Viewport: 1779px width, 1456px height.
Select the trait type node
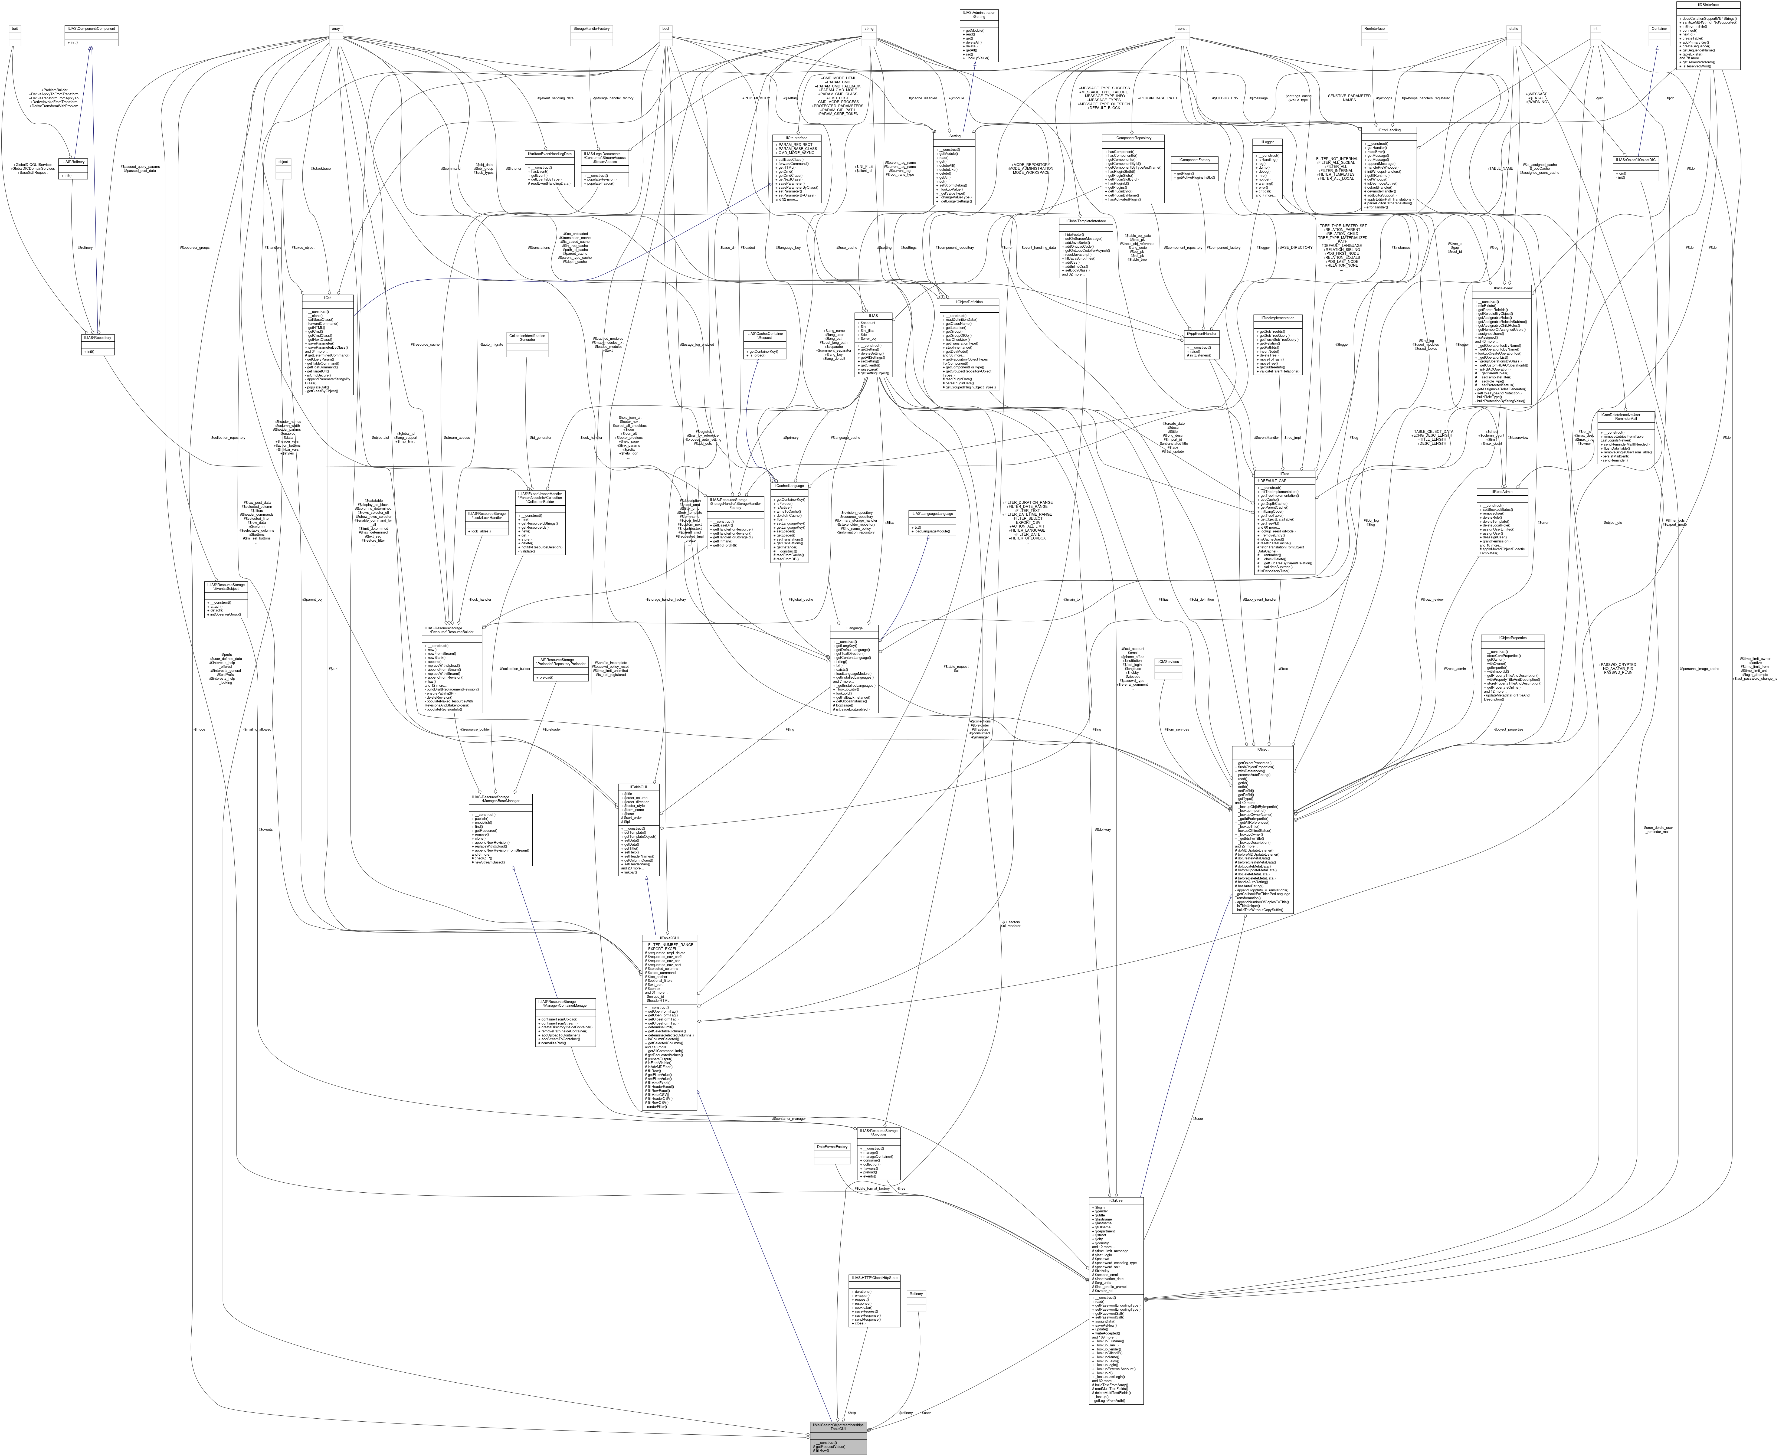click(14, 28)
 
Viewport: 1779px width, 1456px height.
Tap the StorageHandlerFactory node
click(591, 28)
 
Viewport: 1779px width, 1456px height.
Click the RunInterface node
click(1374, 28)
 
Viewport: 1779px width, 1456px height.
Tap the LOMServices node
click(1167, 662)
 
